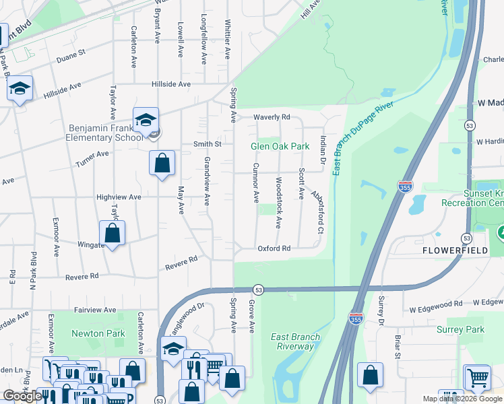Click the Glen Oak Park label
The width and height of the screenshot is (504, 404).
click(280, 146)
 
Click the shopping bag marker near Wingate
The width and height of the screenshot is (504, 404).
click(113, 234)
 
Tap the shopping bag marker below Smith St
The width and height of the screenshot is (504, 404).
click(162, 163)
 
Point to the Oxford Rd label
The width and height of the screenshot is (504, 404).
click(274, 248)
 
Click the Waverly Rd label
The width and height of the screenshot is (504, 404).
click(271, 117)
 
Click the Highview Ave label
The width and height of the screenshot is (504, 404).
click(119, 197)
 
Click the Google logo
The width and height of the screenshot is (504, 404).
click(22, 396)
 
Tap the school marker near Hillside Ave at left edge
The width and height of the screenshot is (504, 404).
click(20, 88)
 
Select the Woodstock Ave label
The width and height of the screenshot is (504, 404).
click(278, 194)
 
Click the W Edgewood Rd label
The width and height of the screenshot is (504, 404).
click(435, 304)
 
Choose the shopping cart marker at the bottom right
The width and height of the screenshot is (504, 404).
click(477, 378)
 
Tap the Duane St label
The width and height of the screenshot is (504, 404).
click(71, 52)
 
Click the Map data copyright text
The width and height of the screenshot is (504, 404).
click(462, 399)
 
